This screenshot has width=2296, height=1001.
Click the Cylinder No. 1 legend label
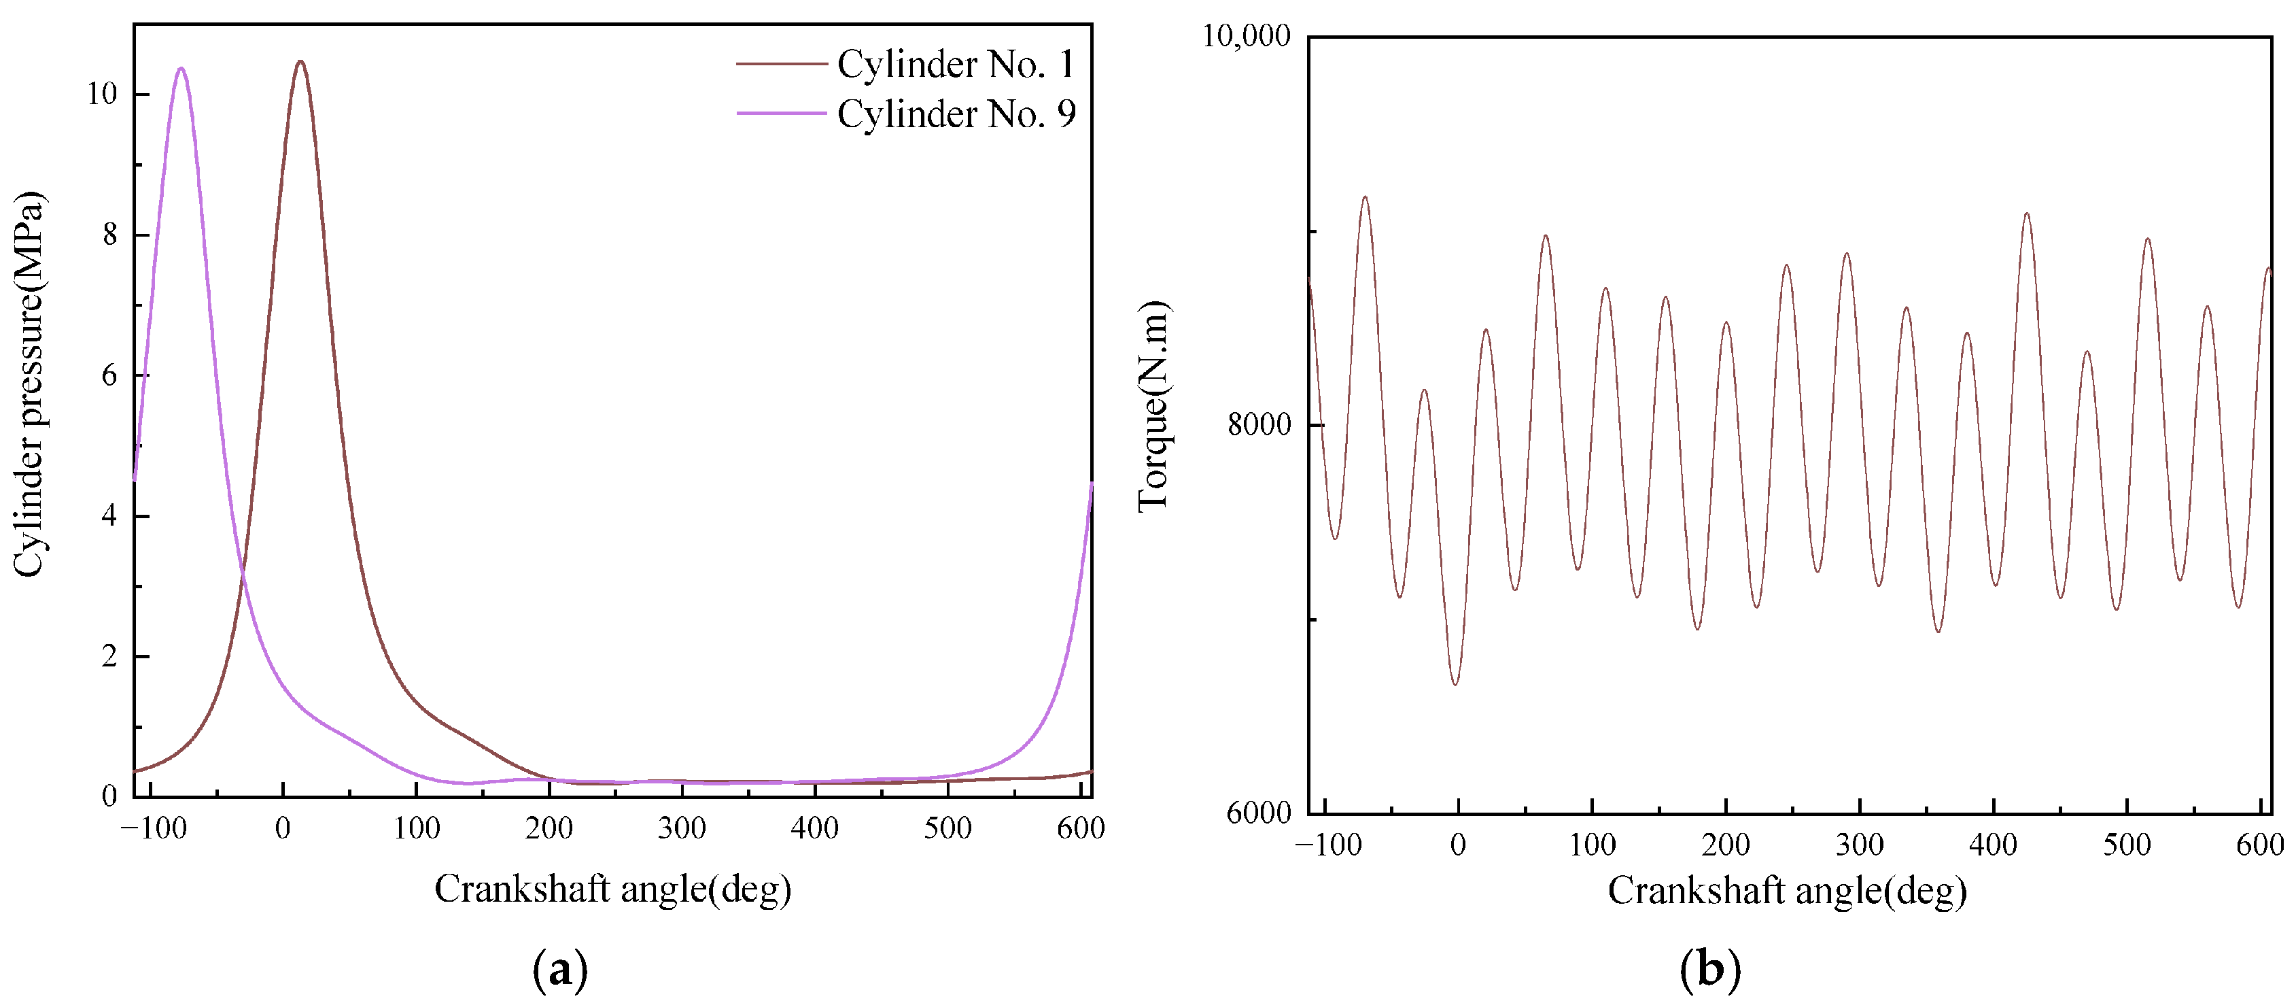(x=956, y=64)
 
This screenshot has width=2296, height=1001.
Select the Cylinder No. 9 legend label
(x=956, y=114)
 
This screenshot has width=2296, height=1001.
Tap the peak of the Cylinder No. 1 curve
(x=300, y=61)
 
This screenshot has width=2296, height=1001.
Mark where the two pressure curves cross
(x=241, y=577)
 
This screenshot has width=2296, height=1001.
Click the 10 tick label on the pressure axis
(x=103, y=95)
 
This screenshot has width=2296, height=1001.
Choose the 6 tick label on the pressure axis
(x=109, y=375)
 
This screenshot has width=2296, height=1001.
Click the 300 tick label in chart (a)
(x=682, y=828)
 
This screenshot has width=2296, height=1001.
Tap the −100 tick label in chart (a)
(x=154, y=828)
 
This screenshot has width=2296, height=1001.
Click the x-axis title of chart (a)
(x=612, y=889)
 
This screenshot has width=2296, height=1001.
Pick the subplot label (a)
(x=560, y=969)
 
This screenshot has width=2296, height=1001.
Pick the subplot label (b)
(x=1709, y=969)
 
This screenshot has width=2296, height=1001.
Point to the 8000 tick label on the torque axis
(x=1259, y=424)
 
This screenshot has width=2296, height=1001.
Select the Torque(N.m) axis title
(x=1153, y=405)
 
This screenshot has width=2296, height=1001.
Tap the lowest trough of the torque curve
(x=1455, y=683)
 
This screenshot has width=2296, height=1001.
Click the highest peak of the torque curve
(x=1365, y=197)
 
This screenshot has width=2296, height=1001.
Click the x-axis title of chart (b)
(x=1787, y=892)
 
